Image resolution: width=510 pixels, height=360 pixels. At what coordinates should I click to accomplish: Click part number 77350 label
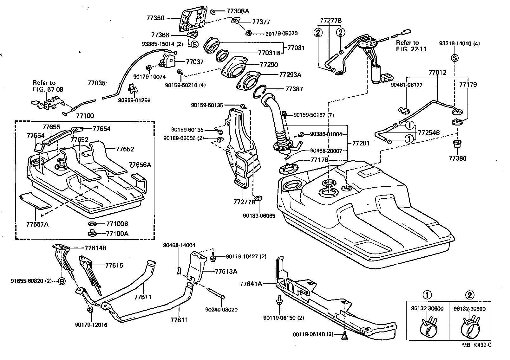(155, 18)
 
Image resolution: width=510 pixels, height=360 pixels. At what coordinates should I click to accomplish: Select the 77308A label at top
(238, 11)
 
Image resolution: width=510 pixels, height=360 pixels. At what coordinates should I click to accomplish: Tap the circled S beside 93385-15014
(195, 44)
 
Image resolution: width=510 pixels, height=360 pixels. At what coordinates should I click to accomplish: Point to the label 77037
(195, 61)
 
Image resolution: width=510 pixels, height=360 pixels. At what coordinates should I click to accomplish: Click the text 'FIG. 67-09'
(48, 89)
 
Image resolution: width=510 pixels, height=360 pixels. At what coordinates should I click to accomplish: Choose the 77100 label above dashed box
(85, 116)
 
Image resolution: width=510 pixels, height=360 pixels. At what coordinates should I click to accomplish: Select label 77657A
(37, 224)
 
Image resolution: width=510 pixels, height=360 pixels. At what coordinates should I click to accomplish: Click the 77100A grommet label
(117, 234)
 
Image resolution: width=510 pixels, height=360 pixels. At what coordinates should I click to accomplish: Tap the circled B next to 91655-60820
(62, 281)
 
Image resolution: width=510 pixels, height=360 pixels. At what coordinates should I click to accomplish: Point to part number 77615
(114, 265)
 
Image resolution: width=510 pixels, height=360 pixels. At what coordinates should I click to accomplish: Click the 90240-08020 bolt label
(221, 310)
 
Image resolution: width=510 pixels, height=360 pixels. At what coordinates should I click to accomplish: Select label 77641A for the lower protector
(251, 284)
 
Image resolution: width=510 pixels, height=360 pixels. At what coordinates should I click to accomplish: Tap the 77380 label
(458, 158)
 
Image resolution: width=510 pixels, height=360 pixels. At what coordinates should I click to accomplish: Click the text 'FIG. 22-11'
(411, 49)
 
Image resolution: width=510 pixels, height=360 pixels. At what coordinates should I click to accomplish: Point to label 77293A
(290, 75)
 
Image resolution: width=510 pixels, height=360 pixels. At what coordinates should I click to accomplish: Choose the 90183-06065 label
(259, 215)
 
